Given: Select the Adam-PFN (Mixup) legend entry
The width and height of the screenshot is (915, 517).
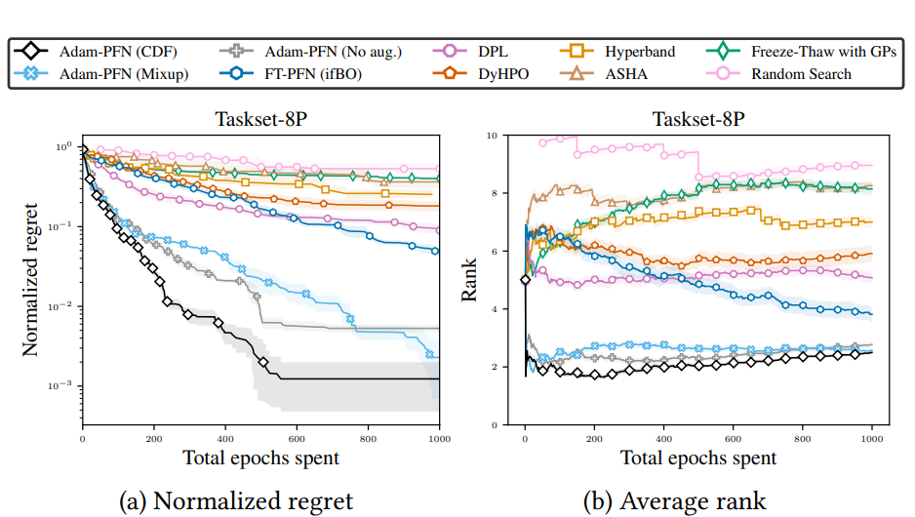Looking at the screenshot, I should point(106,74).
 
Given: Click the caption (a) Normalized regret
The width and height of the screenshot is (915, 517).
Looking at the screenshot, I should point(236,501).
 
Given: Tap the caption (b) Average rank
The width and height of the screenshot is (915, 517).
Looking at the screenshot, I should point(675,501).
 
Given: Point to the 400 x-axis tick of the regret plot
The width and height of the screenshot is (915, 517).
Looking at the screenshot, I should point(225,439).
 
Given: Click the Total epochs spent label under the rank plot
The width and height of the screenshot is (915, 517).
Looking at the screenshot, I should point(698,457).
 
